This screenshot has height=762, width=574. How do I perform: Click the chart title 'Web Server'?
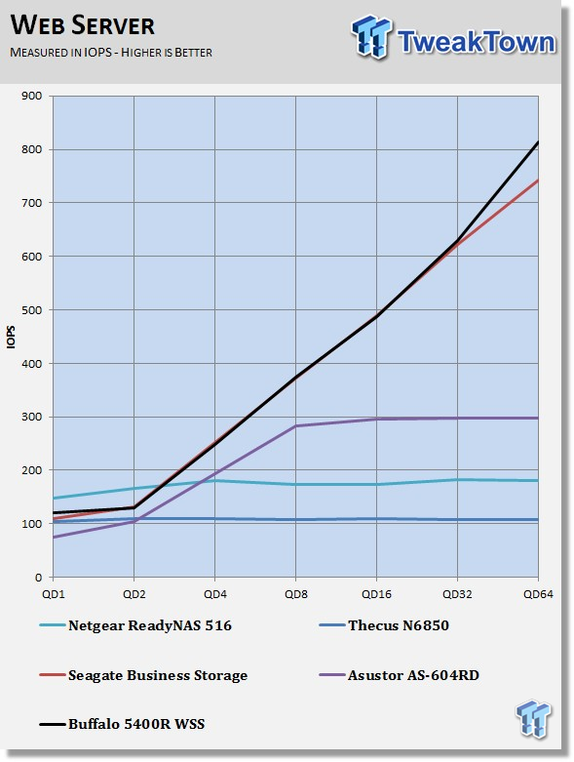83,25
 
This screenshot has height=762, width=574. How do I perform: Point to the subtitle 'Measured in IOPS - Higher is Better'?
111,53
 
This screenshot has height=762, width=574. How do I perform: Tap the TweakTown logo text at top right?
476,41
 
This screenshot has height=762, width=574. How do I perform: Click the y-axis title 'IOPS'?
11,337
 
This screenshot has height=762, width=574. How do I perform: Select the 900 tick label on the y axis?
31,97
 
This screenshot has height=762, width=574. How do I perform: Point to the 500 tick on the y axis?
31,310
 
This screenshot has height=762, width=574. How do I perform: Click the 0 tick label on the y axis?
38,578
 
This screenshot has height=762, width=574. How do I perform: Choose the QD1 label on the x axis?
53,594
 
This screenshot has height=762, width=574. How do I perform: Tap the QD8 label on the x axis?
296,594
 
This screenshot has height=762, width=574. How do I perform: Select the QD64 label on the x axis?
538,594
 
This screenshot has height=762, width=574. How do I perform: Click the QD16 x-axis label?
376,594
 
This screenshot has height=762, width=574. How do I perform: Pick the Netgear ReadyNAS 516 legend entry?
135,625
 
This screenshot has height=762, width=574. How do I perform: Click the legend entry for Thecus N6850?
384,625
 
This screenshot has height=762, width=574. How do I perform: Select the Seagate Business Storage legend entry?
143,675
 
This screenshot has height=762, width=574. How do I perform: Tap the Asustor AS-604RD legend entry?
400,675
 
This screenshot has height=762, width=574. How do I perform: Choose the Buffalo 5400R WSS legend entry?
122,724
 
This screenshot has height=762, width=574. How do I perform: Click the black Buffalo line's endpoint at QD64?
538,141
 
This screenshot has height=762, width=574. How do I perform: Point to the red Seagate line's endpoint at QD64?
538,180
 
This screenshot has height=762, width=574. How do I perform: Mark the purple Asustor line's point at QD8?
296,426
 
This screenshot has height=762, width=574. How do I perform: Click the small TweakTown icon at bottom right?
534,718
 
